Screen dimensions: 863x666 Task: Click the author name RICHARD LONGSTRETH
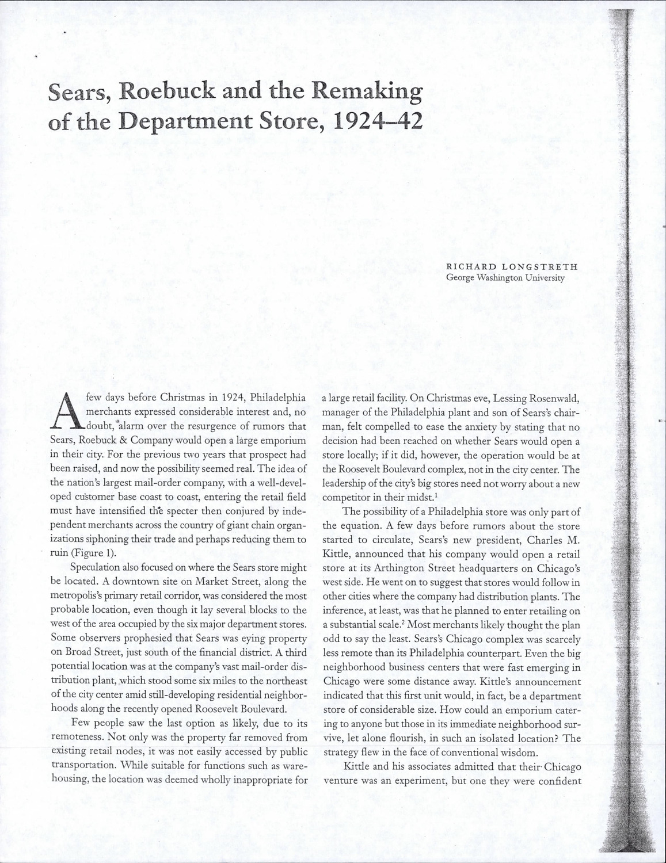(512, 267)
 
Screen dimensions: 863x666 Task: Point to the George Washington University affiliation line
(505, 277)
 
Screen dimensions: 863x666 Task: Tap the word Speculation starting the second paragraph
(95, 568)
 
